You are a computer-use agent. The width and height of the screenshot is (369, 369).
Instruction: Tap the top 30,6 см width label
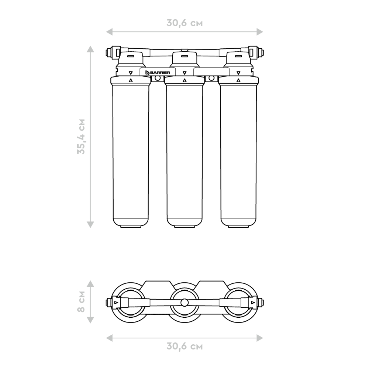point(184,23)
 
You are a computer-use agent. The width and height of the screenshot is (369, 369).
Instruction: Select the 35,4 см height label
point(81,137)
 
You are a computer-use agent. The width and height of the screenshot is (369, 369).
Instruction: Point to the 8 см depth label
point(81,302)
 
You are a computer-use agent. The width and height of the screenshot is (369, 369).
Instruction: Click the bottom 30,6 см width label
point(184,346)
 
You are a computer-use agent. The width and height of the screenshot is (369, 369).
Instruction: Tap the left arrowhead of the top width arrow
point(109,32)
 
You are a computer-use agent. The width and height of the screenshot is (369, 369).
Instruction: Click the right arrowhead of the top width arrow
point(260,32)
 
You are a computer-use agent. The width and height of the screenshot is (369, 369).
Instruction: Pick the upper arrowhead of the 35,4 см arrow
point(90,49)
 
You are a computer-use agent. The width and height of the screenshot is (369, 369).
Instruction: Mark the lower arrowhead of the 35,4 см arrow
point(90,224)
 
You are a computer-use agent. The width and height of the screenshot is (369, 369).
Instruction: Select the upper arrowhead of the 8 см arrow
point(90,283)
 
